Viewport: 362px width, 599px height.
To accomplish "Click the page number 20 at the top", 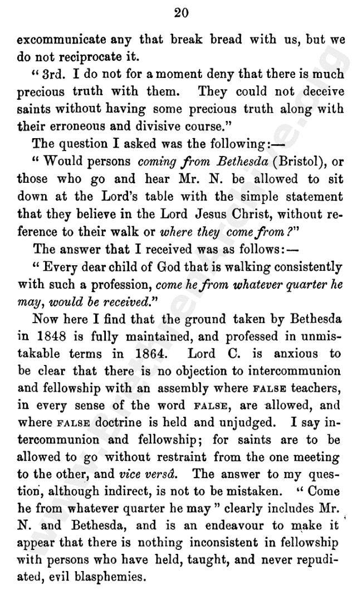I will [181, 14].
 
